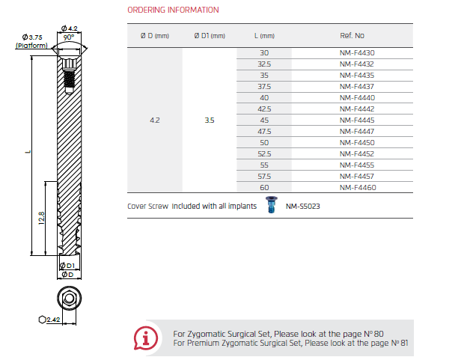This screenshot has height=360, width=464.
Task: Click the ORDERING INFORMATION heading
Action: point(173,10)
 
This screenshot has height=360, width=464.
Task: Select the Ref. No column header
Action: point(352,36)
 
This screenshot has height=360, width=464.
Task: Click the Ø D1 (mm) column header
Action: point(210,36)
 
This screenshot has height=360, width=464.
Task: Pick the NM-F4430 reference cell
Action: point(357,53)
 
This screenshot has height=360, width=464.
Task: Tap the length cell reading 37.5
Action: point(264,87)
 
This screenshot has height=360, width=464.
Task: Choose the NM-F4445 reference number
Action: point(357,120)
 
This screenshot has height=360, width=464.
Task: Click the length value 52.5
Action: point(264,154)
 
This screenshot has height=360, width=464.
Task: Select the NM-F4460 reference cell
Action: point(358,188)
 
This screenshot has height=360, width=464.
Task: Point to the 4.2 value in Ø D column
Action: point(155,120)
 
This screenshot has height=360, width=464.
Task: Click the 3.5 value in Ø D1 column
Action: point(210,120)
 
